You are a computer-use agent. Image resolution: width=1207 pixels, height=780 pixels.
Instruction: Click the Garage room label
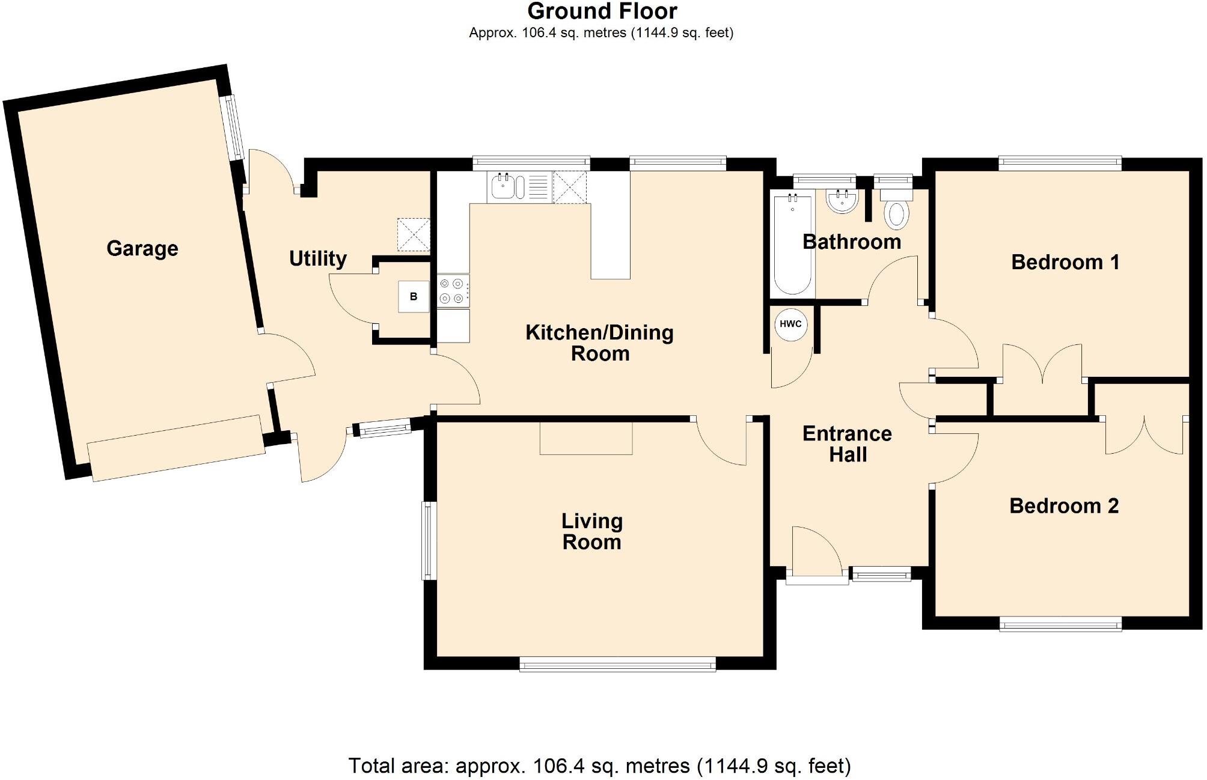(142, 249)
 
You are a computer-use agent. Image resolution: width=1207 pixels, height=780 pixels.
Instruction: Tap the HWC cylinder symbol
(790, 324)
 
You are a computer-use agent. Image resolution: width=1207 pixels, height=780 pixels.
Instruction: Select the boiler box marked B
(414, 296)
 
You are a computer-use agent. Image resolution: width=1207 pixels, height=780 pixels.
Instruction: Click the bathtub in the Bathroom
(793, 244)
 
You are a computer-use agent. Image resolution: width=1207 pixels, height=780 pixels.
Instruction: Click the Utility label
(318, 259)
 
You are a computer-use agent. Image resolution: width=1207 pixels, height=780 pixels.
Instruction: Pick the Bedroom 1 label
(1065, 262)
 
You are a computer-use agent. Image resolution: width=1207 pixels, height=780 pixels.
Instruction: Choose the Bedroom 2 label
(1064, 506)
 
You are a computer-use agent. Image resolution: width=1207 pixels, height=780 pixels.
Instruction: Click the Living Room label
(591, 532)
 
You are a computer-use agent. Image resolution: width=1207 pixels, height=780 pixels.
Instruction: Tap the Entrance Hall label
(848, 444)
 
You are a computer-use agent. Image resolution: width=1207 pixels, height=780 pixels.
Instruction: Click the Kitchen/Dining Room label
(599, 343)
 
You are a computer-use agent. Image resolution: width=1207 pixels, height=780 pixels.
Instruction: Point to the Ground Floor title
(602, 11)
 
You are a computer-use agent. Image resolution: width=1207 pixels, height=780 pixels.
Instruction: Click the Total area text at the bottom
(600, 766)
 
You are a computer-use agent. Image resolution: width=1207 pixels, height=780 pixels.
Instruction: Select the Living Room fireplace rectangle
(586, 438)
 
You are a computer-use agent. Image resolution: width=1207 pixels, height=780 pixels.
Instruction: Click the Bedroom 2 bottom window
(1061, 625)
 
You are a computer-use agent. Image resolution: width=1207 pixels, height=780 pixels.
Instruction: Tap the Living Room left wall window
(428, 541)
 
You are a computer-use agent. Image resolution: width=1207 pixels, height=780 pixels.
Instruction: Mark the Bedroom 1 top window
(1060, 162)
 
